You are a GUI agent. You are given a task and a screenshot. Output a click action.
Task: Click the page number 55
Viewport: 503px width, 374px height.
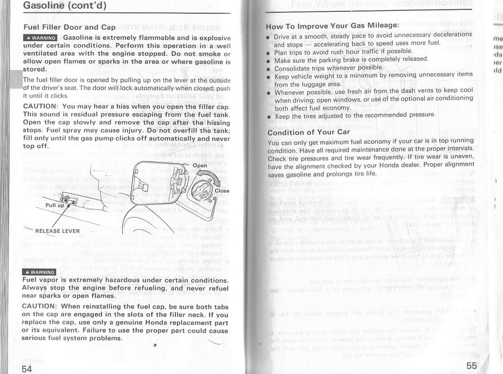(472, 365)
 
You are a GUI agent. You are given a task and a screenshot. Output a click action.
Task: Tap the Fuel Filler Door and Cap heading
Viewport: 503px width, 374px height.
(69, 27)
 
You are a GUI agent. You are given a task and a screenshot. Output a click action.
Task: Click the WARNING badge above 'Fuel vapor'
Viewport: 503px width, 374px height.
(40, 272)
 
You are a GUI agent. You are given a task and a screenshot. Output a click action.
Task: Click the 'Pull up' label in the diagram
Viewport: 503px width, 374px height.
(55, 206)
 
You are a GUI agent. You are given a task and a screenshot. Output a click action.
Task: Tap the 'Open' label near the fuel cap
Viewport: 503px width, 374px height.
(200, 165)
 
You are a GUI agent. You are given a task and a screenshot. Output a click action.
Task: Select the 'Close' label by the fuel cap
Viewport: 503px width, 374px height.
(221, 190)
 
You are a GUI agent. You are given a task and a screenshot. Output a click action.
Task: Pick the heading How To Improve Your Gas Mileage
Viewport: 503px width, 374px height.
(333, 26)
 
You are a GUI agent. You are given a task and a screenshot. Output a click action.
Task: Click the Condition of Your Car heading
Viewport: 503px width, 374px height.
(309, 132)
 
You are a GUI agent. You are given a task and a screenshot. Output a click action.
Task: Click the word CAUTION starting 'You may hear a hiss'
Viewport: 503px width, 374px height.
(42, 107)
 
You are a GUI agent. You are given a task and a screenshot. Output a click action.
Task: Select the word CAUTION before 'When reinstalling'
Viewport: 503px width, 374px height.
(42, 305)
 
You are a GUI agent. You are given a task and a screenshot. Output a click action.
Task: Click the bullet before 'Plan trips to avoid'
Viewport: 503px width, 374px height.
(268, 53)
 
